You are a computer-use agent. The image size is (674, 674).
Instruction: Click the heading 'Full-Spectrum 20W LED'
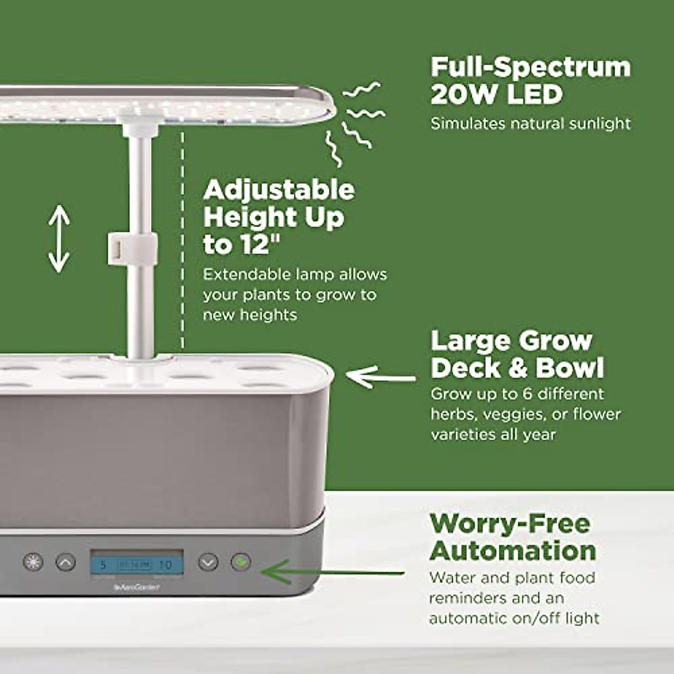tap(530, 80)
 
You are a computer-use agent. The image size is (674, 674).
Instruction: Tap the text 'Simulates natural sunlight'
tap(530, 124)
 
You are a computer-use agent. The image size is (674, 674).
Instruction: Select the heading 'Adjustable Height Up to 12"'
tap(278, 217)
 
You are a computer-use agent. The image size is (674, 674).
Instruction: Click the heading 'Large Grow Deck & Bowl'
tap(517, 354)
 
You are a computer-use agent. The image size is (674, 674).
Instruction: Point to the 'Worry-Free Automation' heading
tap(512, 537)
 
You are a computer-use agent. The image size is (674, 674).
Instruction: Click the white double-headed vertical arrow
tap(59, 239)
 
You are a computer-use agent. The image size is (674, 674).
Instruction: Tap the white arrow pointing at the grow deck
tap(380, 376)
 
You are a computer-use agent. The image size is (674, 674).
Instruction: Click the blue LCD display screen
tap(137, 563)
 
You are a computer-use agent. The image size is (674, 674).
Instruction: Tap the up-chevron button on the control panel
tap(66, 562)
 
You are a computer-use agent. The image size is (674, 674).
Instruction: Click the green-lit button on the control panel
tap(241, 562)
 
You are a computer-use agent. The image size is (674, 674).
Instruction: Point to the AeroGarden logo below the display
tap(137, 588)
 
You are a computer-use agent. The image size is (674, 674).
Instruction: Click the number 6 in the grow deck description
tap(527, 394)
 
